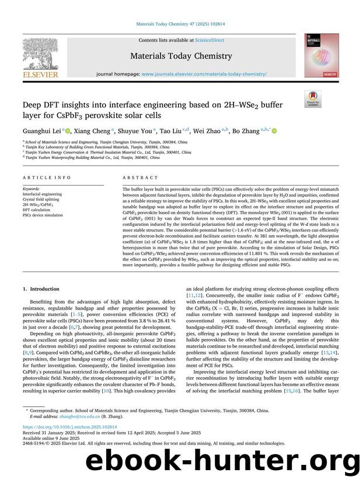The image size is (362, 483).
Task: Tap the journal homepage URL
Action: click(204, 75)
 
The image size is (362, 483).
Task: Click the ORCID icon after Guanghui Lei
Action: click(68, 131)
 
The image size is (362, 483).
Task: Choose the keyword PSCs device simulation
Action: click(44, 216)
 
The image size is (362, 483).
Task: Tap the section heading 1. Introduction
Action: click(42, 289)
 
